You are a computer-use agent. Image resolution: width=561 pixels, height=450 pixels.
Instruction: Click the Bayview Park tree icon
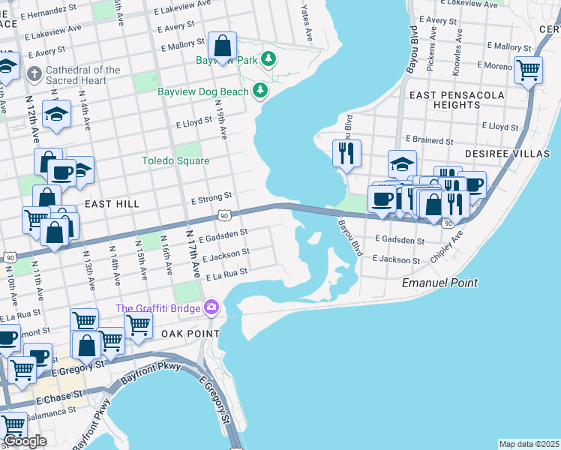268,59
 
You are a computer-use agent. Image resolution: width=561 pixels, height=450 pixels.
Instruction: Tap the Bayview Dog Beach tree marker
260,91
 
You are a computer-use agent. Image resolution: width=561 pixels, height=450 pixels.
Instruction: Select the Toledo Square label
175,160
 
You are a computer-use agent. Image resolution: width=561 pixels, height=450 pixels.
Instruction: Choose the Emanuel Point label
439,283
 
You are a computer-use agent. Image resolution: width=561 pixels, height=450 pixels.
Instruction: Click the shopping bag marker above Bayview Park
222,46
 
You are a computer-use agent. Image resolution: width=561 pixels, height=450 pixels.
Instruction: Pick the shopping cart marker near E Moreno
528,70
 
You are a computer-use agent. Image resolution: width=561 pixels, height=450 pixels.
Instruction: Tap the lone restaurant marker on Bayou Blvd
346,153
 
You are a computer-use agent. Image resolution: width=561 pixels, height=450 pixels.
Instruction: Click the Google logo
24,441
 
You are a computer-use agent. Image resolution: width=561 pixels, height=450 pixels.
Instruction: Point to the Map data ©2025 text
529,444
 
